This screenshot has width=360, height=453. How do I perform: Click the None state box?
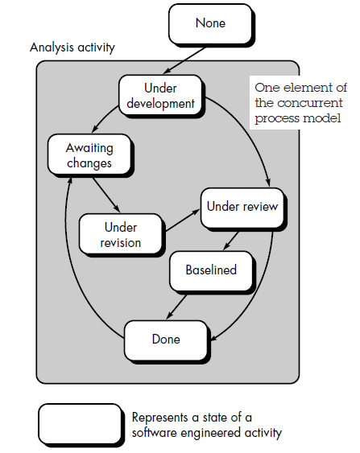[209, 24]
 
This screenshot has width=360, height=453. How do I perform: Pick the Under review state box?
[242, 207]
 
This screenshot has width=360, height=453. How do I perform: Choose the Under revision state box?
[122, 234]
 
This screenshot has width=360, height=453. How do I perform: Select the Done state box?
[166, 339]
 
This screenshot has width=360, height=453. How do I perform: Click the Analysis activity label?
[72, 47]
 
